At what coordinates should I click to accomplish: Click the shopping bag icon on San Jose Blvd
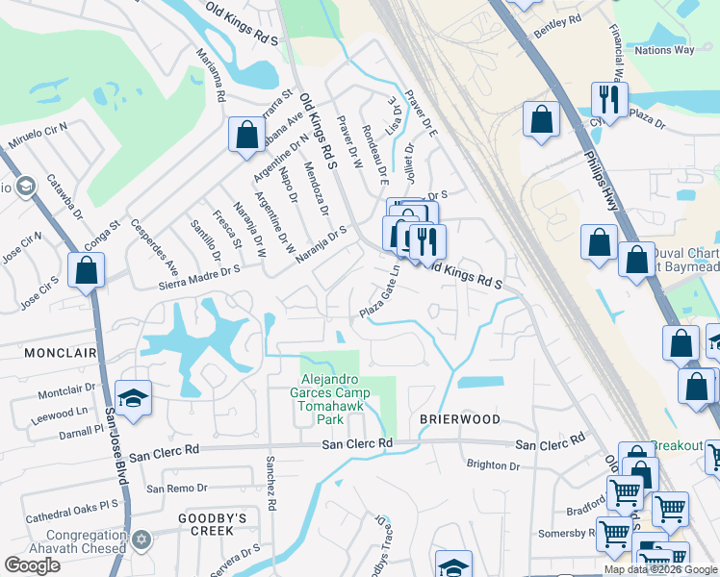[x=87, y=270]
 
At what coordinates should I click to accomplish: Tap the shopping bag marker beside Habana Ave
[x=246, y=134]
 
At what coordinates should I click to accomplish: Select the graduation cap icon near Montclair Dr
[x=133, y=396]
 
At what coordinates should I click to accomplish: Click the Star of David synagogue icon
[x=142, y=539]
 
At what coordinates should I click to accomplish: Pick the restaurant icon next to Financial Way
[x=608, y=99]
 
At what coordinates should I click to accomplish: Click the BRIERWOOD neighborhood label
[x=459, y=419]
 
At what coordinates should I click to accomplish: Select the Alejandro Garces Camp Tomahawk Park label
[x=330, y=399]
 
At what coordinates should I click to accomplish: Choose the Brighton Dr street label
[x=492, y=464]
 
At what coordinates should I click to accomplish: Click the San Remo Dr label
[x=176, y=488]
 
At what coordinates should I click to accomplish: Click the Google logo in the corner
[x=32, y=565]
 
